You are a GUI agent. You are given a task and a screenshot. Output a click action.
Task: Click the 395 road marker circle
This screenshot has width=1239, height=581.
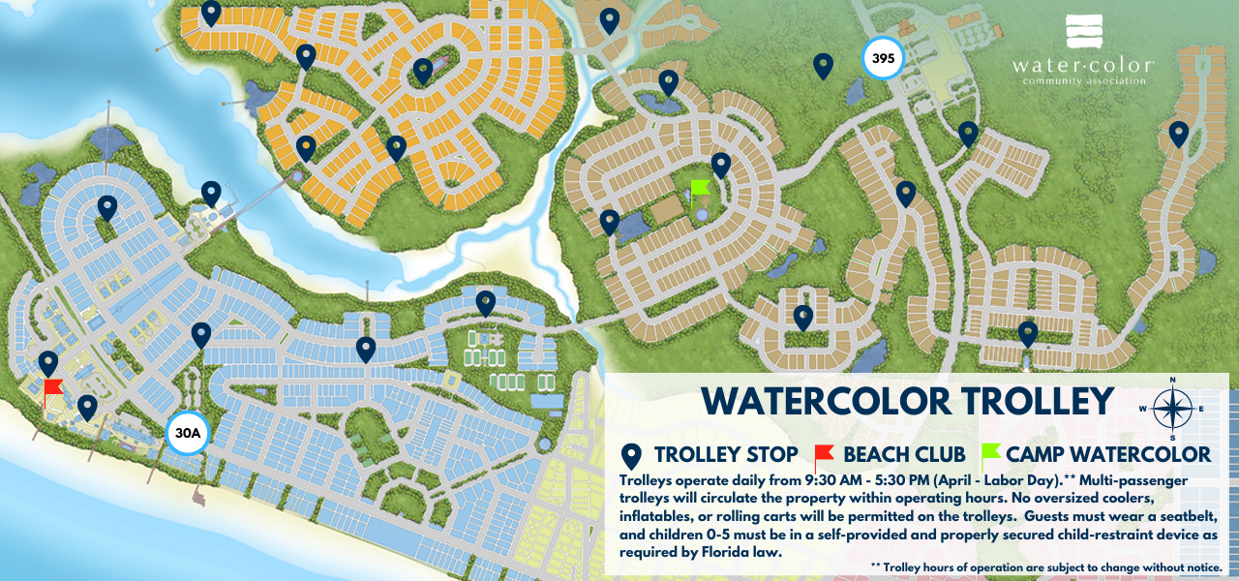882,59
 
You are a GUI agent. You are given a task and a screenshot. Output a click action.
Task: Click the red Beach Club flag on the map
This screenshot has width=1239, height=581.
52,391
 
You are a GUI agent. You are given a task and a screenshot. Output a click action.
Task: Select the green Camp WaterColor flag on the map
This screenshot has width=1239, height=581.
700,188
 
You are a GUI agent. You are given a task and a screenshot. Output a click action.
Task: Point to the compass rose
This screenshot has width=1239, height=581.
1172,408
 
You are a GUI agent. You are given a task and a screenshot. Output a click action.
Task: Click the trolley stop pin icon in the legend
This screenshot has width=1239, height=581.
632,455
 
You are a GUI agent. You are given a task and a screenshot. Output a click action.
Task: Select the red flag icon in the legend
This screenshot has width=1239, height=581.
824,454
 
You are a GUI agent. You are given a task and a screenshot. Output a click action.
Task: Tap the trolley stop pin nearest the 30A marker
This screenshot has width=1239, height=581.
201,335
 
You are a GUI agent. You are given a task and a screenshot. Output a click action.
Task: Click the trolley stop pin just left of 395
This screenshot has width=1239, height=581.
823,66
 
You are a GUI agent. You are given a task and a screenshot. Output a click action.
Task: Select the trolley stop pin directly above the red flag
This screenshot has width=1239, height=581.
48,364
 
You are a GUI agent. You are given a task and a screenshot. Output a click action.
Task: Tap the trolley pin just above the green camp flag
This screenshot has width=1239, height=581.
721,166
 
